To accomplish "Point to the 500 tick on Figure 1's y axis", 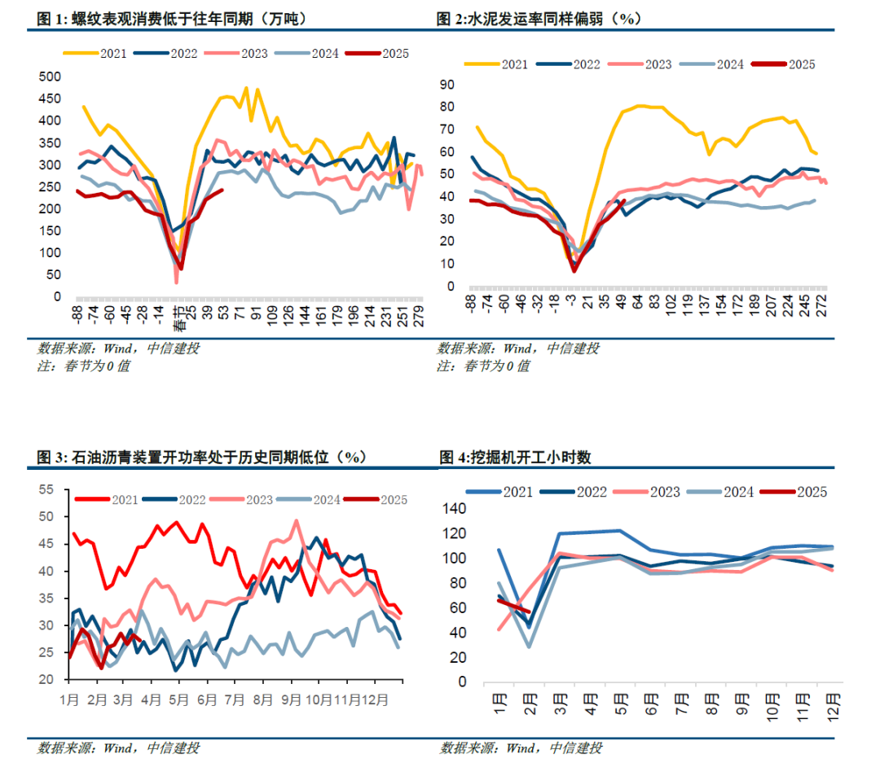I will coord(51,77).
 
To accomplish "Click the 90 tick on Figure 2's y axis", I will coord(446,84).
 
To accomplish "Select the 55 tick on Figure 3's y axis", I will coord(46,489).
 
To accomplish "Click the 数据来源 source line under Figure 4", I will coord(521,748).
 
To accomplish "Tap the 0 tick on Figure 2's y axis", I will coord(450,287).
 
